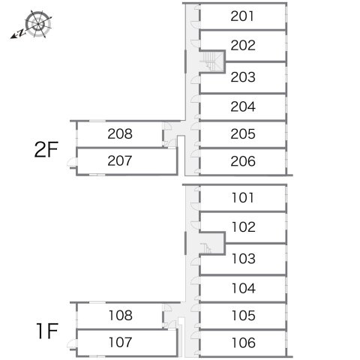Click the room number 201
[x=242, y=16]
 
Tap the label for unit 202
[x=243, y=46]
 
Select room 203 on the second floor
[x=243, y=77]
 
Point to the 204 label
[x=243, y=106]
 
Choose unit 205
[x=243, y=134]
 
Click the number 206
[x=243, y=161]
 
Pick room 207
[x=120, y=160]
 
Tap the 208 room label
[x=120, y=134]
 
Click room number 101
[x=243, y=198]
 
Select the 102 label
[x=244, y=227]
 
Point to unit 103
[x=244, y=259]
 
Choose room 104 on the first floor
[x=244, y=288]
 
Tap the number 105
[x=244, y=316]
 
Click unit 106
[x=244, y=343]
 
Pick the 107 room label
[x=121, y=342]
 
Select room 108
[x=121, y=316]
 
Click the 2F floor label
[x=46, y=149]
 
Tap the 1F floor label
[x=47, y=331]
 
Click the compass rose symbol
[x=38, y=24]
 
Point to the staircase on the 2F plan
[x=212, y=61]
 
